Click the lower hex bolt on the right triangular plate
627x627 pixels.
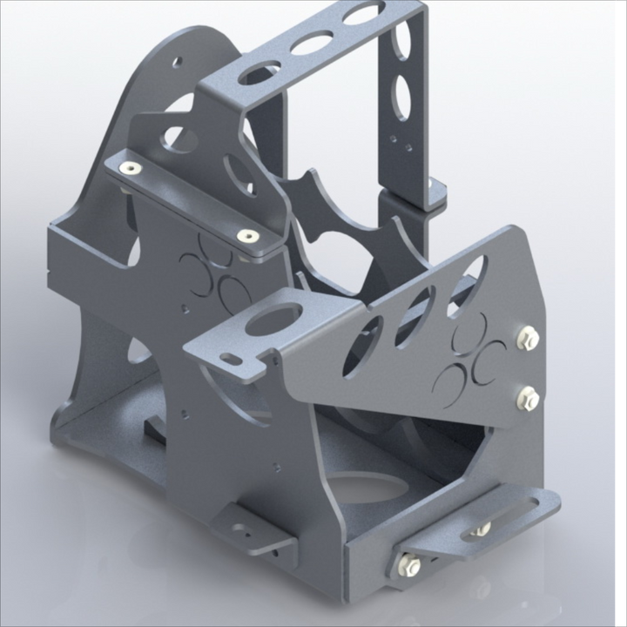tap(528, 399)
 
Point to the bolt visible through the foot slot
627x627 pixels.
tap(480, 528)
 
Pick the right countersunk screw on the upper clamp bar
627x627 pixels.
tap(248, 236)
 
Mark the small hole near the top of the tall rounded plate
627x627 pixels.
tap(179, 64)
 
